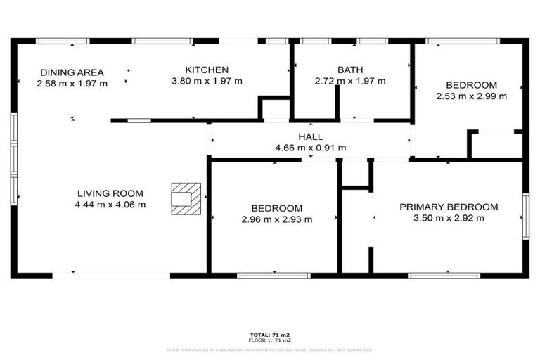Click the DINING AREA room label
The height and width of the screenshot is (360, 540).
[72, 72]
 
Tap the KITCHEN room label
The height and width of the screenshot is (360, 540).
[207, 70]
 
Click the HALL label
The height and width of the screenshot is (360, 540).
[310, 136]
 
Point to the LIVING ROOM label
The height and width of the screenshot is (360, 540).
[110, 193]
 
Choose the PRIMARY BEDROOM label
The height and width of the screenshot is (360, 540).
[449, 207]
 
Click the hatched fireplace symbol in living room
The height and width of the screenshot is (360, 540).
[186, 196]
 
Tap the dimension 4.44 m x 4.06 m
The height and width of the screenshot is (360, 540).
[110, 205]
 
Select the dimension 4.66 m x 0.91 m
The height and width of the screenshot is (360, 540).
[310, 148]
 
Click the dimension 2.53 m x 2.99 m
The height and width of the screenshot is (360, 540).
[471, 96]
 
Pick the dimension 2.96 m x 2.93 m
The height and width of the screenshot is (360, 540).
[277, 219]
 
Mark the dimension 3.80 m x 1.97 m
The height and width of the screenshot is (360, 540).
[207, 81]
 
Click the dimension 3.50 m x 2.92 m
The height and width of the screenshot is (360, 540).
[449, 218]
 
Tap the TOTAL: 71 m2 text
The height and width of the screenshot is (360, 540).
[270, 335]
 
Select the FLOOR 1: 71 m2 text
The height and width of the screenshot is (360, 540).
[270, 340]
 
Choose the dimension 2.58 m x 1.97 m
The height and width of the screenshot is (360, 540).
[72, 84]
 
